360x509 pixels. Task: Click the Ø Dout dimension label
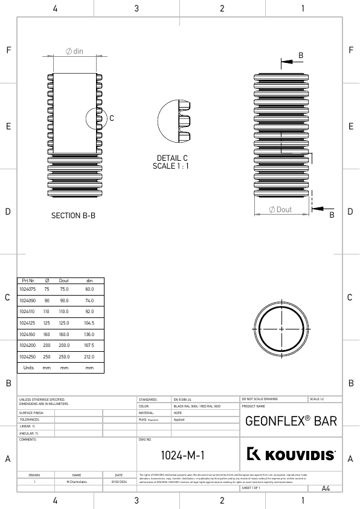[280, 209]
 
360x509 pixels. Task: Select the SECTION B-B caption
[73, 215]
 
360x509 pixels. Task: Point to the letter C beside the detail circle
[112, 118]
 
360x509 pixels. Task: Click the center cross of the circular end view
[281, 328]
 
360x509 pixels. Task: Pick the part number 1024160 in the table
[28, 334]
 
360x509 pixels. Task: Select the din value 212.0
[89, 357]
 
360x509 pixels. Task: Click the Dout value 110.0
[63, 311]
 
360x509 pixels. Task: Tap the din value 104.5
[89, 322]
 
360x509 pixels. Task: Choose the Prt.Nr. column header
[28, 281]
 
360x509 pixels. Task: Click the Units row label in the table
[28, 368]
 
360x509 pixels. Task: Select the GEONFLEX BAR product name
[291, 421]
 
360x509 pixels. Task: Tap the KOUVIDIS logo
[291, 455]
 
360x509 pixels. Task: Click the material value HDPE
[178, 413]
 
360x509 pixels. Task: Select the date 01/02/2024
[118, 482]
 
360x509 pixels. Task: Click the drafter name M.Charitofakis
[77, 482]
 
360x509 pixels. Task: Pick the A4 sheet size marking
[326, 488]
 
